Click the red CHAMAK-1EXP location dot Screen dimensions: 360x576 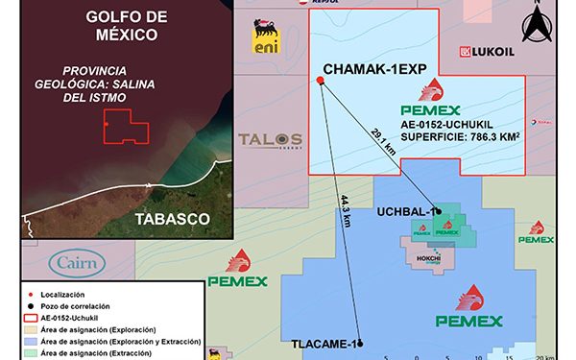pyautogui.click(x=320, y=81)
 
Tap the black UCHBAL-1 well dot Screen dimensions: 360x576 pyautogui.click(x=437, y=211)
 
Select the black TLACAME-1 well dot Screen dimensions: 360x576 pyautogui.click(x=362, y=344)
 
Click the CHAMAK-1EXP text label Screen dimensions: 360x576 pyautogui.click(x=372, y=70)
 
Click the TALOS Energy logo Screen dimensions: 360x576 pyautogui.click(x=270, y=141)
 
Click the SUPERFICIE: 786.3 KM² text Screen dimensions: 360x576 pyautogui.click(x=461, y=138)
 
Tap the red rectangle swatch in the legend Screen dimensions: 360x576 pyautogui.click(x=31, y=316)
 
